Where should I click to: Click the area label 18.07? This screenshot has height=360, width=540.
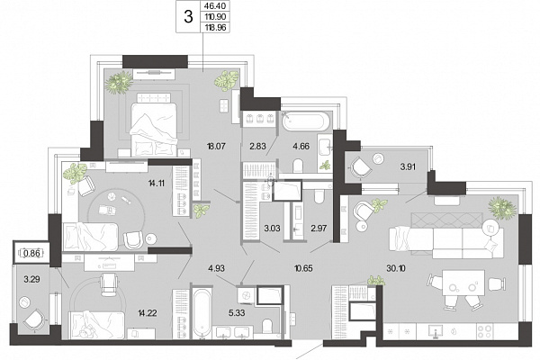click(x=216, y=146)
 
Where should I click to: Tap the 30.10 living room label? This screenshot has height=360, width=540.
click(x=396, y=268)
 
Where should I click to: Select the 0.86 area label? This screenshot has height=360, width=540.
click(x=32, y=254)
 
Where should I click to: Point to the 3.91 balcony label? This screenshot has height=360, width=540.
click(x=408, y=167)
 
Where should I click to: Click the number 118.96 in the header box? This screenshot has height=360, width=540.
click(x=215, y=28)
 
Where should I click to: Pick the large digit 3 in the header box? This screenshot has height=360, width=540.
click(x=188, y=16)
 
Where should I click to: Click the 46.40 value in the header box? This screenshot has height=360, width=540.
click(x=215, y=6)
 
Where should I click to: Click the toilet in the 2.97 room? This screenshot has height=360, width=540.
click(x=319, y=196)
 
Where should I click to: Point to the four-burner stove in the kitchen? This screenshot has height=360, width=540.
click(x=484, y=331)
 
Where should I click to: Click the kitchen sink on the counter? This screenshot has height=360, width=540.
click(x=436, y=331)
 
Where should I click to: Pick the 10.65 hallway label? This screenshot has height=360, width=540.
click(x=303, y=268)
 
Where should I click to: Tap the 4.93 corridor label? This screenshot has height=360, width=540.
click(x=216, y=268)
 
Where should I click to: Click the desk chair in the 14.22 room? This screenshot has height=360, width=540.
click(x=109, y=283)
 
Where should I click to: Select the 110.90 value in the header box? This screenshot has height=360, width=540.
click(x=215, y=16)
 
